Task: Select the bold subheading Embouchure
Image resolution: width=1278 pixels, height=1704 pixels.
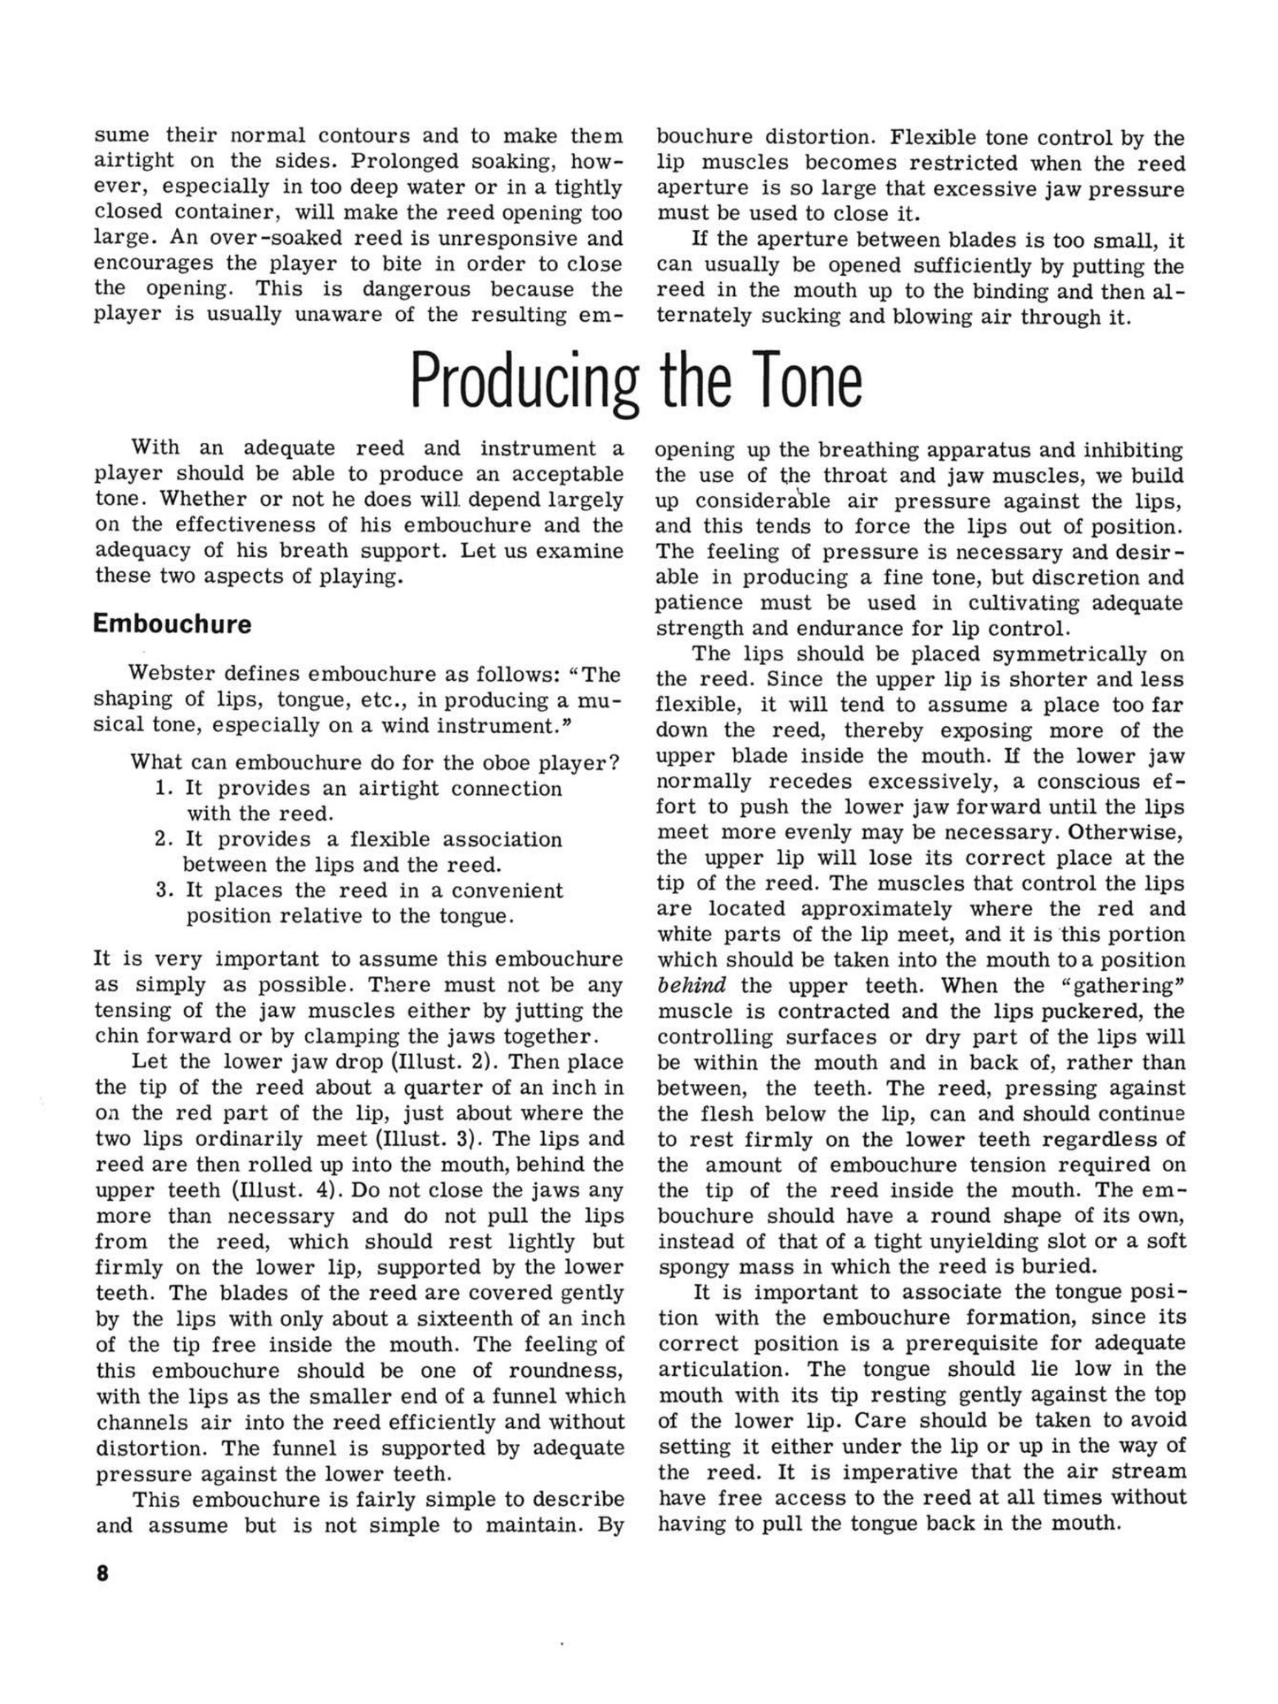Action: pyautogui.click(x=172, y=624)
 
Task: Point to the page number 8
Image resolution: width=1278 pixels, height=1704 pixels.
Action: pyautogui.click(x=103, y=1574)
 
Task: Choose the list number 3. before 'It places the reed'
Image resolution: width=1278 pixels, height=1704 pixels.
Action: pyautogui.click(x=165, y=890)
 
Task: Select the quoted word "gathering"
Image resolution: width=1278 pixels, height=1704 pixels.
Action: pyautogui.click(x=1123, y=985)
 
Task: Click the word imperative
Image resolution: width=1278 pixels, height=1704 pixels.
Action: pyautogui.click(x=902, y=1471)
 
